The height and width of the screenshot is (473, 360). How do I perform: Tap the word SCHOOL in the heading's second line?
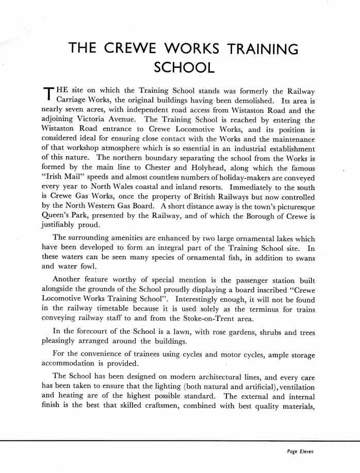pyautogui.click(x=184, y=67)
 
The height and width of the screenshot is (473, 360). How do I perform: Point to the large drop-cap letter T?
pyautogui.click(x=47, y=94)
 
